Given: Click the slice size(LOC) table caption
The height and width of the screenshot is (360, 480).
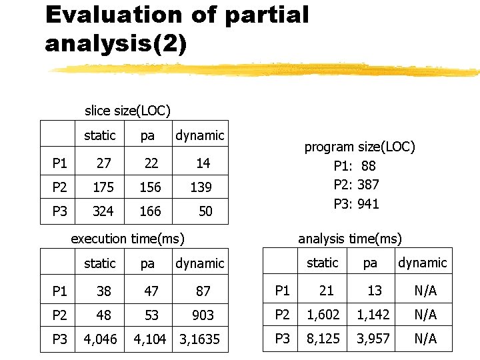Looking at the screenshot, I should (x=127, y=110).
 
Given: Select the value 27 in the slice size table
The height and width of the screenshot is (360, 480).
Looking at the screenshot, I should (x=103, y=163).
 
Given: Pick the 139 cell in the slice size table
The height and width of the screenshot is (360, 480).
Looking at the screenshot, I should (x=201, y=188).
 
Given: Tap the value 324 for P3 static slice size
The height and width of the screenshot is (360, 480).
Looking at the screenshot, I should (x=103, y=212).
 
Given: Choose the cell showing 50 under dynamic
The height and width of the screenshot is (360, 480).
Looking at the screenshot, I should (x=205, y=212).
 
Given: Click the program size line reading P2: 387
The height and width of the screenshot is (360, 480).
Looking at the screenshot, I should (x=356, y=184).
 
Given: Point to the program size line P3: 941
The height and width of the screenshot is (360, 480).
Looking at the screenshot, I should (x=356, y=204).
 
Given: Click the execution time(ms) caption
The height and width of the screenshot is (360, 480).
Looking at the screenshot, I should (x=127, y=239).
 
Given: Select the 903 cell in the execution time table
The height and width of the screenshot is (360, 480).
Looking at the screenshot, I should (x=203, y=315).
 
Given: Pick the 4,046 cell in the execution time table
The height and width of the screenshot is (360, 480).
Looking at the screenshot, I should (x=100, y=339).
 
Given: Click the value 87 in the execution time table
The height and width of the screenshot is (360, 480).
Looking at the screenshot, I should (x=203, y=291).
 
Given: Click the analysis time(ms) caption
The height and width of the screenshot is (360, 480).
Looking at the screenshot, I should (x=349, y=239).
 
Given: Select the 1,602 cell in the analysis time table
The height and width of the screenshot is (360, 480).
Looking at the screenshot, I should (x=323, y=314).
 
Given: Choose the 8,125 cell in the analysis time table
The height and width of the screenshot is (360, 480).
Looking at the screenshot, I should (x=323, y=339).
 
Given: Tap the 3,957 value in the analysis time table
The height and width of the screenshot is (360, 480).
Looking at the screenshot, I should (x=373, y=339).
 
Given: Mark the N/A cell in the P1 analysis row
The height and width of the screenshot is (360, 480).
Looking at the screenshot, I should (x=425, y=291).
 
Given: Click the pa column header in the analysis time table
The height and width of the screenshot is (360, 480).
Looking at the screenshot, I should (x=370, y=263).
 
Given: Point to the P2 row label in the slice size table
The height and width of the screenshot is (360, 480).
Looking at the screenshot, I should (x=59, y=188).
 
